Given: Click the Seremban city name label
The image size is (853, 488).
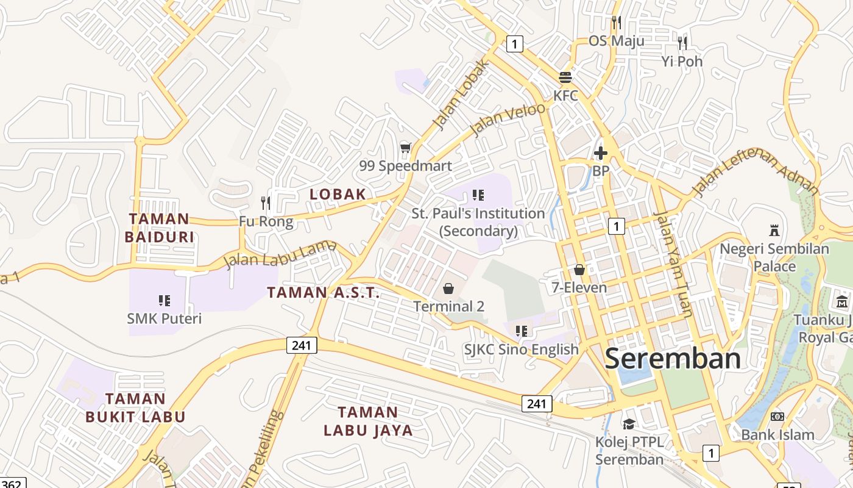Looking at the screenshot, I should click(x=673, y=358).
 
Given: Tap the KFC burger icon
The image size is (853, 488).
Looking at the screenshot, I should click(x=565, y=77).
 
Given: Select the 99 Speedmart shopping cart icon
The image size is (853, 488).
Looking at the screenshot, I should click(x=405, y=148).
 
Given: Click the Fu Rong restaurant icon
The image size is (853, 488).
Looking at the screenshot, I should click(x=266, y=203).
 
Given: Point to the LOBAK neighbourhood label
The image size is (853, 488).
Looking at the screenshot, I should click(x=338, y=194).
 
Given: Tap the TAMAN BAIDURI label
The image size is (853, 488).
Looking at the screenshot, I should click(x=159, y=228).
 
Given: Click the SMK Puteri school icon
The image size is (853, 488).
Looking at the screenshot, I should click(x=165, y=300).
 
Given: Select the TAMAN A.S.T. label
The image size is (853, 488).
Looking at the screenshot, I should click(x=324, y=292).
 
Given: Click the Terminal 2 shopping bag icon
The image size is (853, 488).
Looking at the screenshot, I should click(x=449, y=288).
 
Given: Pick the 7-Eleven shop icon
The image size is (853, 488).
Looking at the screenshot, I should click(x=579, y=269).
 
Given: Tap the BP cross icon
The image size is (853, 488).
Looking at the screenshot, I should click(x=601, y=153).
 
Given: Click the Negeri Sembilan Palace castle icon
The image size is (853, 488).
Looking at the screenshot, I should click(x=774, y=231).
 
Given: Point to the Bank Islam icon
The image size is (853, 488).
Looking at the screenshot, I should click(x=777, y=416).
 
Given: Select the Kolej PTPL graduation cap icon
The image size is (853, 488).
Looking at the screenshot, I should click(x=629, y=423).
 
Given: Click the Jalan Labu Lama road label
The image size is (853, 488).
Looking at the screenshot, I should click(x=280, y=254).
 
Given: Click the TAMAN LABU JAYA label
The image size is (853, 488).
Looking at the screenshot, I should click(x=368, y=421).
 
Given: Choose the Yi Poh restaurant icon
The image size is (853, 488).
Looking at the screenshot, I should click(x=682, y=43).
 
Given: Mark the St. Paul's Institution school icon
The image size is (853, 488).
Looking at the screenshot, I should click(x=478, y=195).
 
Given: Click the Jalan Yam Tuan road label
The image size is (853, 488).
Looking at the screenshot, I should click(x=673, y=264).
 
